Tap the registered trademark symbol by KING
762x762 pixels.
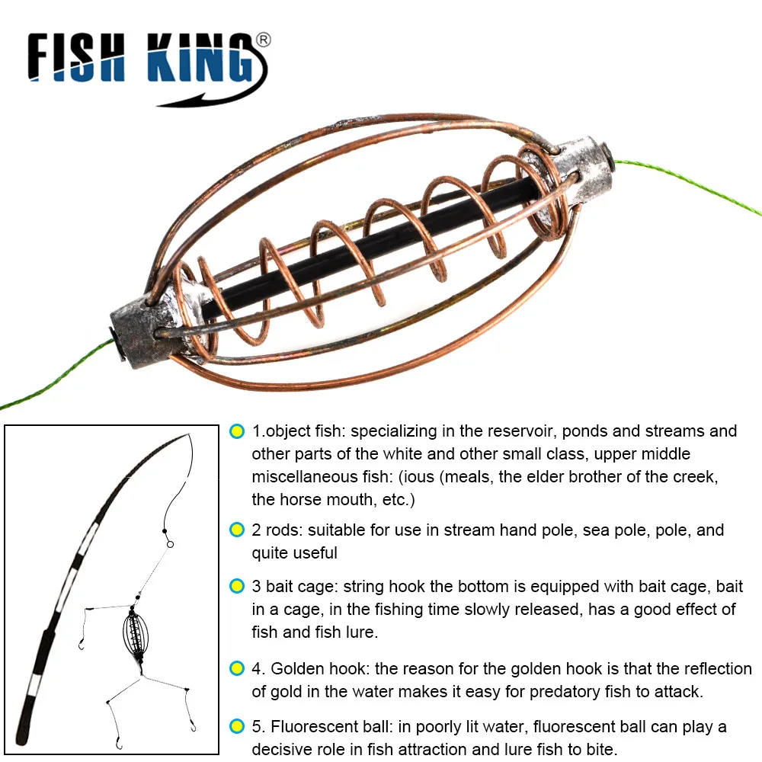click(x=263, y=40)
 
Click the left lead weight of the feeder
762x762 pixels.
click(x=141, y=329)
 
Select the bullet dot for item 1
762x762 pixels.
click(x=237, y=431)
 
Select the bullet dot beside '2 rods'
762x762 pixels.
click(x=237, y=530)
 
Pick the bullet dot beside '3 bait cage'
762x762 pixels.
click(x=237, y=587)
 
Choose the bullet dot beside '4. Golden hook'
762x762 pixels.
click(x=237, y=669)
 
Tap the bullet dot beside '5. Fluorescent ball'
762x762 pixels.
click(x=237, y=726)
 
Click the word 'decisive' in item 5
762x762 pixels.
click(x=283, y=749)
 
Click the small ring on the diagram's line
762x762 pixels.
click(x=169, y=544)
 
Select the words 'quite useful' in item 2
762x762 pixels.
click(x=294, y=553)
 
